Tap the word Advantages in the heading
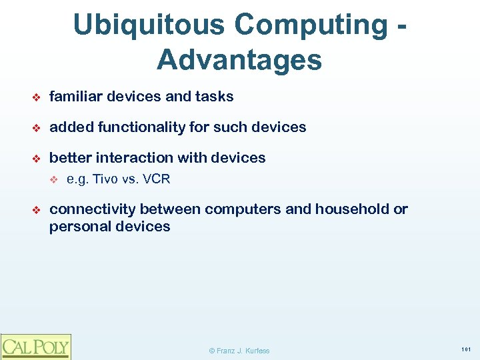coord(239,61)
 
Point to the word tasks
coord(214,97)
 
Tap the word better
coord(71,158)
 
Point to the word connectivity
coord(93,209)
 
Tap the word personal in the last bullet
coord(77,227)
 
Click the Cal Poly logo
coord(35,346)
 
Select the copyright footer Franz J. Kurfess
coord(239,351)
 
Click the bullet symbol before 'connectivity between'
coord(37,210)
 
